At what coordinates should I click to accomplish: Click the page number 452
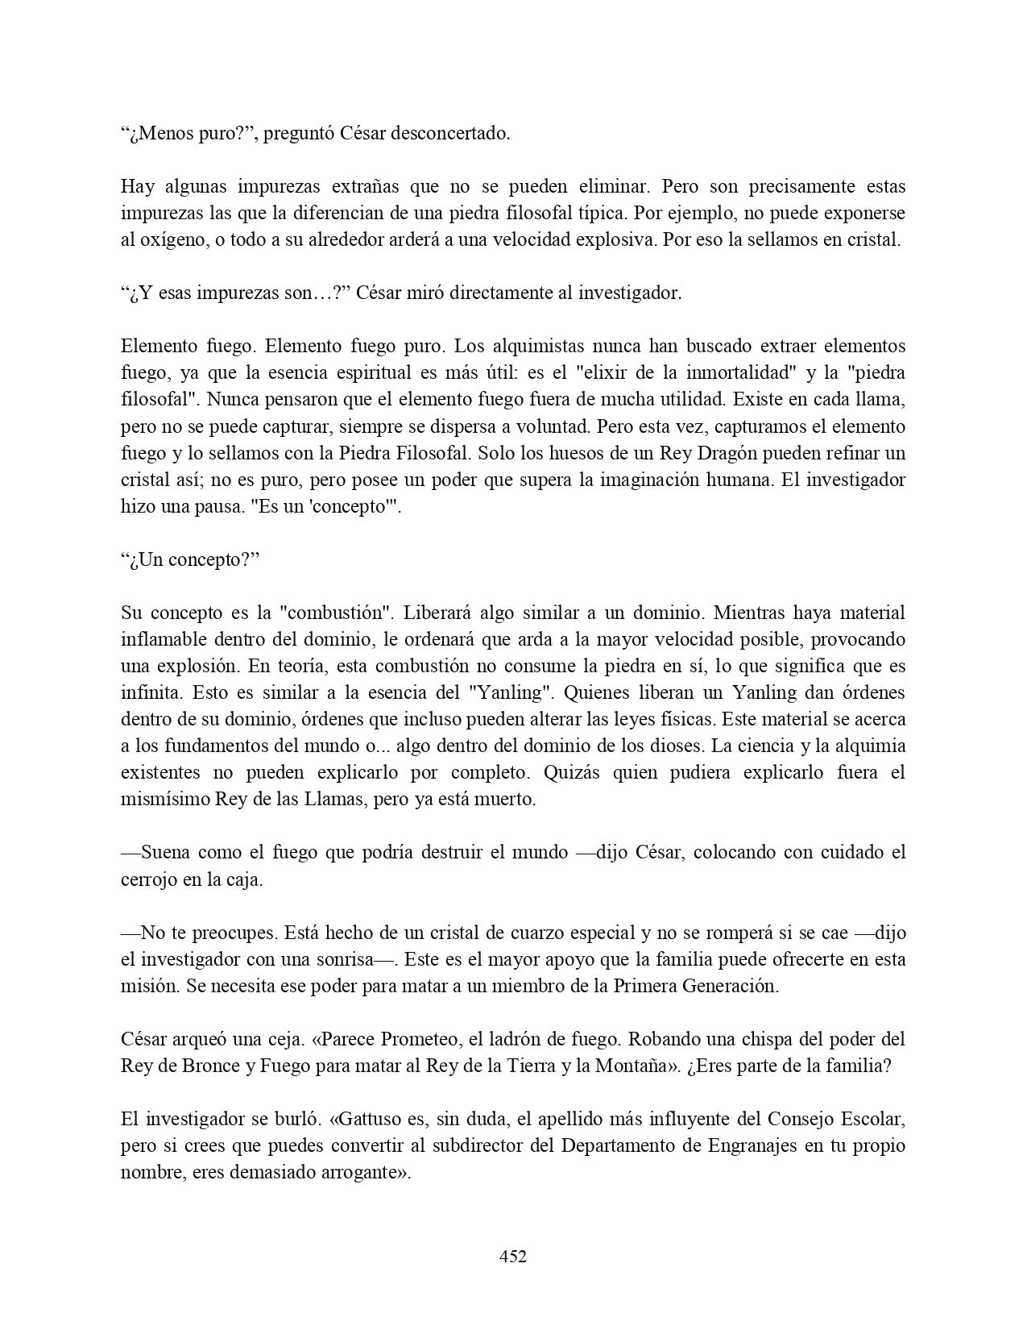513,1256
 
